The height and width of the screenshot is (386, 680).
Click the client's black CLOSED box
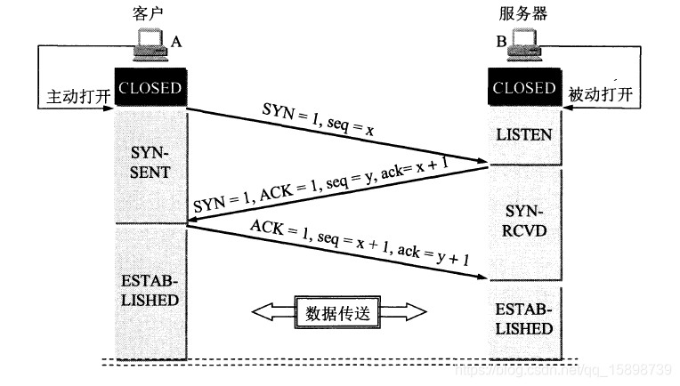point(150,88)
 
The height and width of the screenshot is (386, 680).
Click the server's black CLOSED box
point(524,88)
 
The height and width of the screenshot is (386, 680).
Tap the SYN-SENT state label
point(150,159)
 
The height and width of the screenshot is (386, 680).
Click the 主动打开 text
point(75,95)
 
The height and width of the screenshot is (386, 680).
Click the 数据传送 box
point(338,311)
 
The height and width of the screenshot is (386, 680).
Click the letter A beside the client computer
point(176,41)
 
